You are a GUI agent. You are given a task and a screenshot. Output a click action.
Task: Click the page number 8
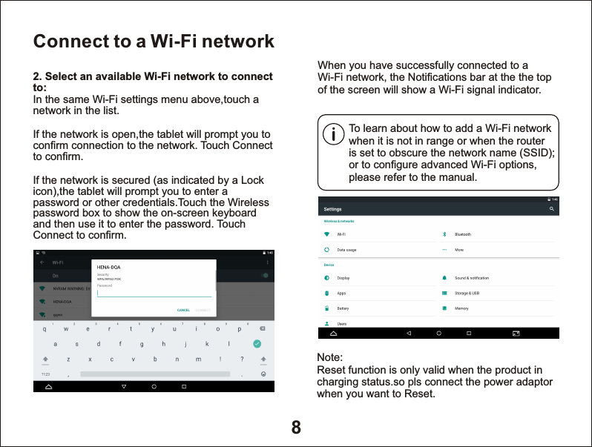pos(296,427)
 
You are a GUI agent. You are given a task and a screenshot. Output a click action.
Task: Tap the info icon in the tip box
pos(335,136)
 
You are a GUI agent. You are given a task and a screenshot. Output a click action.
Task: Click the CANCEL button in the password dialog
pos(183,310)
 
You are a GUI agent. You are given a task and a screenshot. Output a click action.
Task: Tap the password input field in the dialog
pos(154,293)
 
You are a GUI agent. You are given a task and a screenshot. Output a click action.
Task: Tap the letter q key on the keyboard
pos(45,329)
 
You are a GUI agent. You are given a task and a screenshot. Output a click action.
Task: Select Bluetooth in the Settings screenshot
pos(462,234)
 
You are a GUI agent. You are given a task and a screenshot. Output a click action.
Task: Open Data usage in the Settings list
pos(346,250)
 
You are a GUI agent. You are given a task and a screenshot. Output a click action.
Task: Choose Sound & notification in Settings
pos(471,278)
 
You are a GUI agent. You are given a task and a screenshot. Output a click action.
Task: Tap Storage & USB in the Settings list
pos(467,294)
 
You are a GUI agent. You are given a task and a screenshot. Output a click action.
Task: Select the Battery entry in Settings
pos(343,308)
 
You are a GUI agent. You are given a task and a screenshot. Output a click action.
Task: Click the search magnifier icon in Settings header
pos(551,210)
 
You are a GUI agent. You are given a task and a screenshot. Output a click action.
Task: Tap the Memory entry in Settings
pos(461,308)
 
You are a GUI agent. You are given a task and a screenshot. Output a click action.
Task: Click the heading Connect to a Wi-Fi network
pos(154,41)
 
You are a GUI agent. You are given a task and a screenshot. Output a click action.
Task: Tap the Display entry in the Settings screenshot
pos(343,278)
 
